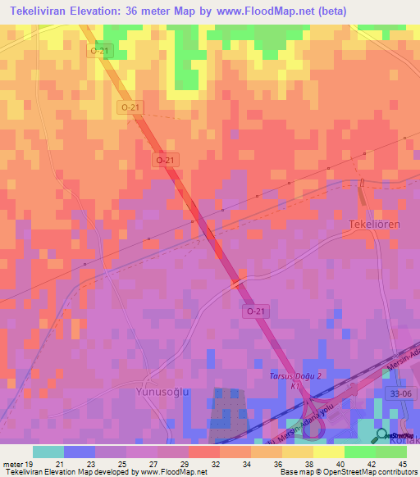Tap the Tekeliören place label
(x=377, y=225)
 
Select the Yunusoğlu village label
(x=162, y=392)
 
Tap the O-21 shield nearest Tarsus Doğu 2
(x=255, y=311)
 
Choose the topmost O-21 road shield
(x=99, y=51)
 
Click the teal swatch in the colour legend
(x=48, y=452)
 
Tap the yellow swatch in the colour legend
(x=328, y=452)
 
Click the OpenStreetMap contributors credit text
(x=367, y=472)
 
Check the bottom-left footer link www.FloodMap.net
(x=173, y=472)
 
